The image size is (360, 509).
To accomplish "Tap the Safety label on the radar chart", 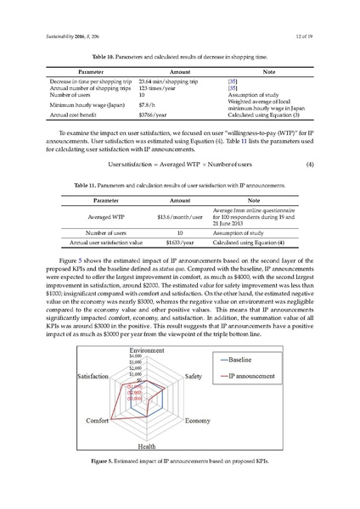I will [x=194, y=375].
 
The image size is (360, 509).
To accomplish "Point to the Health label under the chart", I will [x=146, y=446].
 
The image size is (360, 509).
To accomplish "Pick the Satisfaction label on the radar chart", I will [x=93, y=375].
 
